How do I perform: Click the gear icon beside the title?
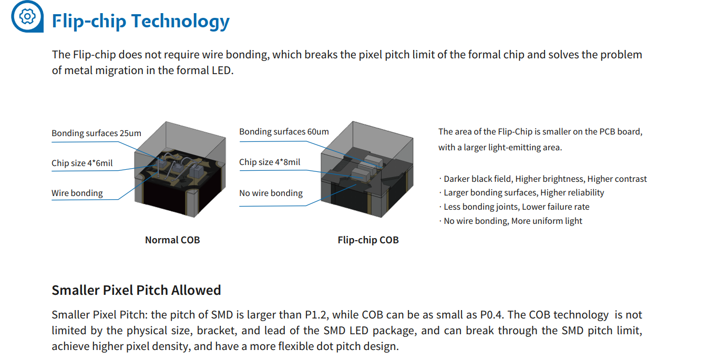26,16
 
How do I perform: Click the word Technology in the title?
180,22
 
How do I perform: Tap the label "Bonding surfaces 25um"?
96,133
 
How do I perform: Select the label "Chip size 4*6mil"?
82,163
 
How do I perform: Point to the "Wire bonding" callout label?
77,193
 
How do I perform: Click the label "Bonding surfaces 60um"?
284,132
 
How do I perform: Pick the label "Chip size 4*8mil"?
270,162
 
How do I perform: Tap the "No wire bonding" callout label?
271,193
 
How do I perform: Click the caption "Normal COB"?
172,240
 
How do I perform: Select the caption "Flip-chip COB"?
368,240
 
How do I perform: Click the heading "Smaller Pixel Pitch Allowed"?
136,290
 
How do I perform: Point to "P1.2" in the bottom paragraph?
317,315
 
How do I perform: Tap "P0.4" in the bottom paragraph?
492,315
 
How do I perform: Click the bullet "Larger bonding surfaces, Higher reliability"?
523,193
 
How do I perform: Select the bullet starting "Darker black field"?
545,179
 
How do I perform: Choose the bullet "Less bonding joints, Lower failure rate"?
516,207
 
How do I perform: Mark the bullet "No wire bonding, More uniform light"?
512,221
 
